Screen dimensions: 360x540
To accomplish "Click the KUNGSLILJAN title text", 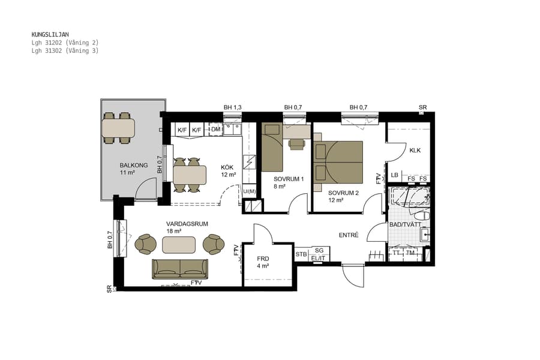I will click(50, 35).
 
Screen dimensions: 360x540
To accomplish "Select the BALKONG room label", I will click(130, 165).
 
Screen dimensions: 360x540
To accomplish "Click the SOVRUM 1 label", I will click(289, 179).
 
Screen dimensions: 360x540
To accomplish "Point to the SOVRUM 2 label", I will click(343, 193).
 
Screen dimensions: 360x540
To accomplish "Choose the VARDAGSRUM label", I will click(187, 224).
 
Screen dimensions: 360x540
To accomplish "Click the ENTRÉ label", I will click(349, 235).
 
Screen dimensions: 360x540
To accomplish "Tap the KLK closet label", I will click(415, 151).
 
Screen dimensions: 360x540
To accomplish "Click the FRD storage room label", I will click(263, 259).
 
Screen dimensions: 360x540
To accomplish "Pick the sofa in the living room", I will click(180, 269).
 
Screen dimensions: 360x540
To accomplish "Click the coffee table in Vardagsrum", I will click(179, 245).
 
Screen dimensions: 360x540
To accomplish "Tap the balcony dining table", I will click(118, 128).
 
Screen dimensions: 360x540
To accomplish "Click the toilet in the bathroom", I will click(421, 215).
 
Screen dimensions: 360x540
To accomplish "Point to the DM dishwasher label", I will click(216, 130).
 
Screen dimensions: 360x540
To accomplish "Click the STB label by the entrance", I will click(301, 254).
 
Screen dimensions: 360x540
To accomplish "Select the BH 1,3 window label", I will click(232, 107).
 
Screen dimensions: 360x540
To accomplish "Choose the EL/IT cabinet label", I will click(319, 258).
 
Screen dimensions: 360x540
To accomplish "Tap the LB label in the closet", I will click(394, 175).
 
